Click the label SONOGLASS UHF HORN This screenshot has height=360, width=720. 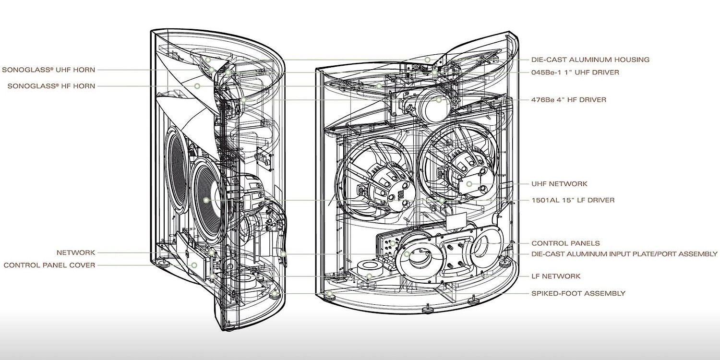(48, 70)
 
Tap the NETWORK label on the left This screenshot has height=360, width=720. (76, 252)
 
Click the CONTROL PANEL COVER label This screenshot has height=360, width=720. (49, 265)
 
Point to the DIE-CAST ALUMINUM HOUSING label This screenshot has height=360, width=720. (590, 60)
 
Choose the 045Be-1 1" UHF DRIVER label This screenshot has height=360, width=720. (575, 72)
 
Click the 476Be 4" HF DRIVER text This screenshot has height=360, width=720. (568, 100)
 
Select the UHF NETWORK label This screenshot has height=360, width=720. (559, 184)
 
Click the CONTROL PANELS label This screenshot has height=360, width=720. (565, 243)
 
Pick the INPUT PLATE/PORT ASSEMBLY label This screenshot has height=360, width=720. (624, 254)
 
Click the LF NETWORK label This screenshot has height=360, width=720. (556, 276)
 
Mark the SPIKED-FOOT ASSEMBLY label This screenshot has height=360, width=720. (578, 293)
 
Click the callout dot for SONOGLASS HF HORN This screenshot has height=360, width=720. (197, 86)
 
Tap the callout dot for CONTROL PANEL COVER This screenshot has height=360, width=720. (194, 265)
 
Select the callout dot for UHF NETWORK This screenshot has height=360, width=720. (469, 184)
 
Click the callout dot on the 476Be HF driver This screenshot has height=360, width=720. (439, 100)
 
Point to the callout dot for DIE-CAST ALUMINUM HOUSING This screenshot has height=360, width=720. (428, 60)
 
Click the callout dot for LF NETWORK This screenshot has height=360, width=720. (369, 276)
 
